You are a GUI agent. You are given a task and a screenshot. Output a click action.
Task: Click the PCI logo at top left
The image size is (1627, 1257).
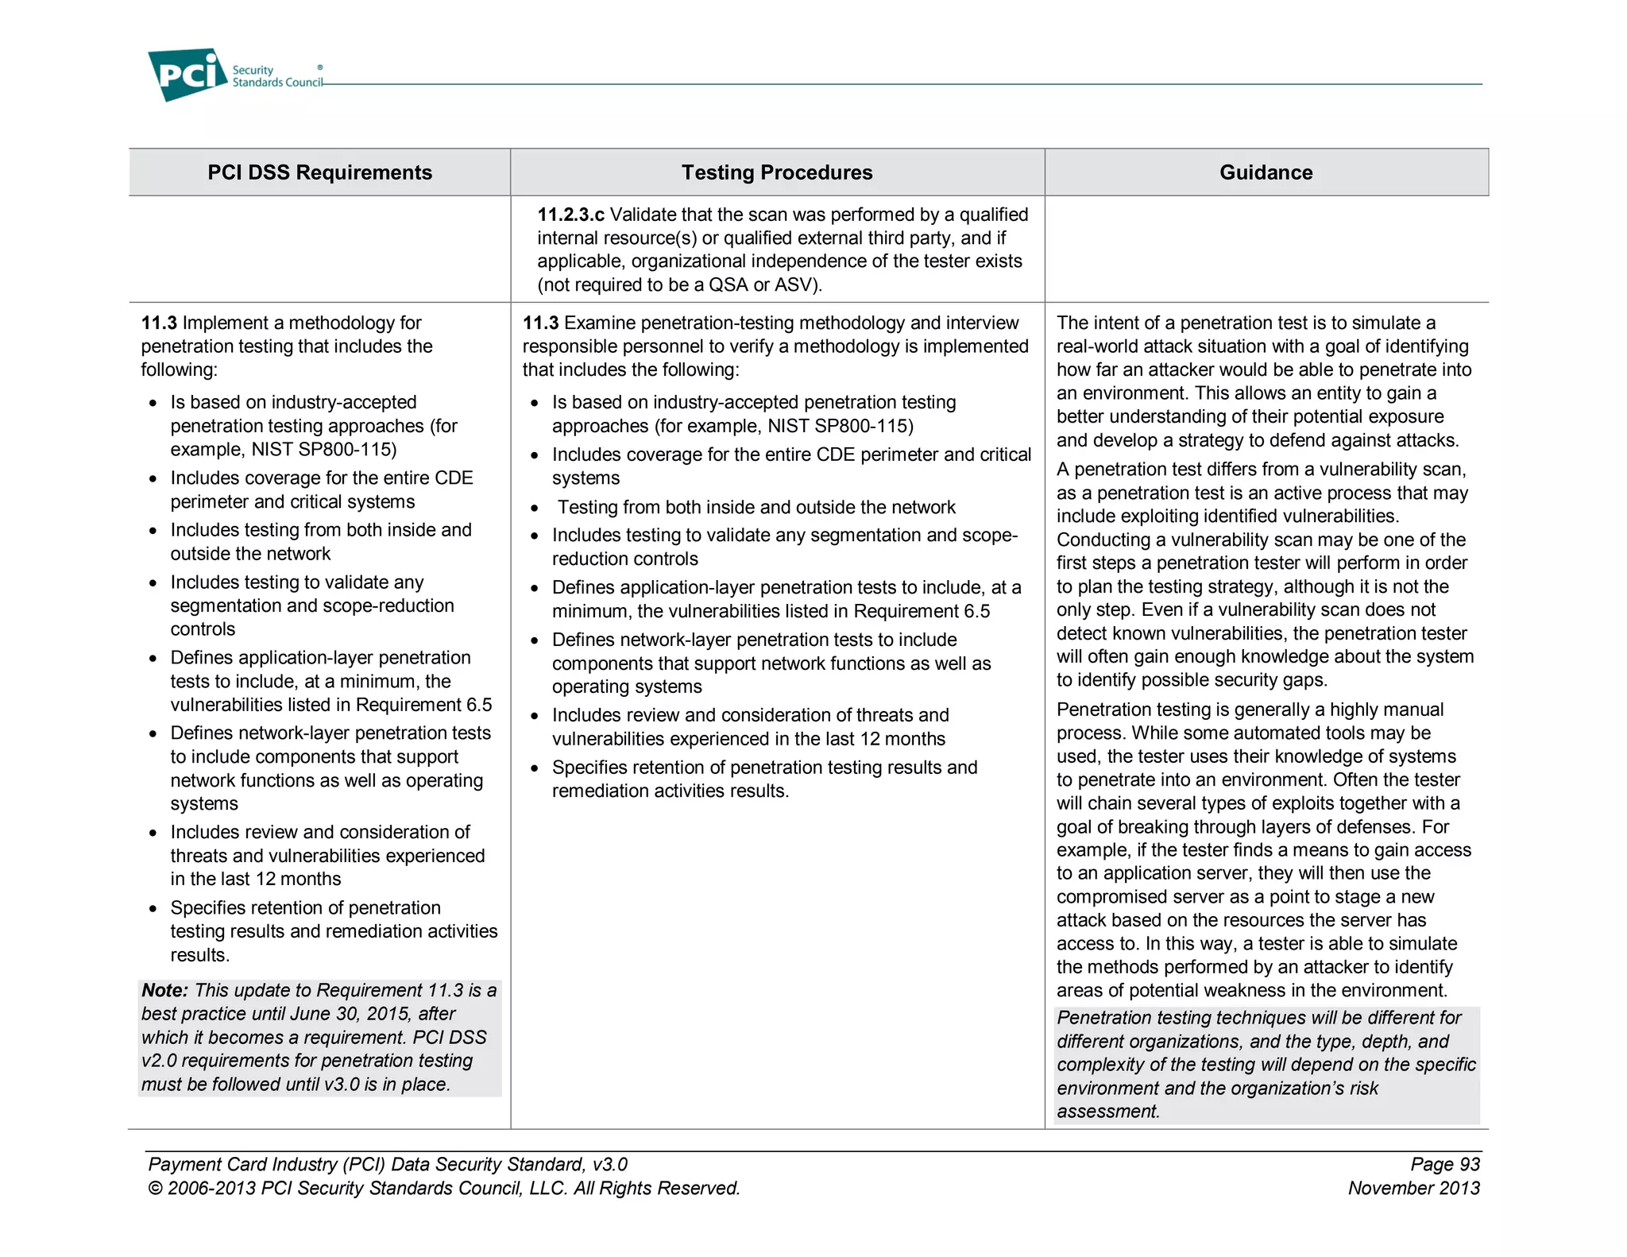[187, 75]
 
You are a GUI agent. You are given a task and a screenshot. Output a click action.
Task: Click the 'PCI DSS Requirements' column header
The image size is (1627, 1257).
[319, 172]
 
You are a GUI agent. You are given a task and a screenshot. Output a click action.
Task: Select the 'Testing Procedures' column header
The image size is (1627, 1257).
[776, 172]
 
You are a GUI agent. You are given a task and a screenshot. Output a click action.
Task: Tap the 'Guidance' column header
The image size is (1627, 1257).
[1266, 172]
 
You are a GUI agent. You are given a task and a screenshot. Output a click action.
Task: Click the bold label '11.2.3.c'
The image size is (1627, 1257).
[570, 215]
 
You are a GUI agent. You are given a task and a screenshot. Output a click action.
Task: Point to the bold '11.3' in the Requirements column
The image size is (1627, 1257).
[158, 323]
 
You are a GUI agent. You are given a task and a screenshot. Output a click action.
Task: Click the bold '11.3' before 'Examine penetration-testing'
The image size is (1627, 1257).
[540, 323]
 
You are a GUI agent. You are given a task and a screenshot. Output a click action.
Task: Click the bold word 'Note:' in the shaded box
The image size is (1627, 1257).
[164, 990]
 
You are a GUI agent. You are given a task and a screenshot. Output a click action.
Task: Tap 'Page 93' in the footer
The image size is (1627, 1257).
[1444, 1164]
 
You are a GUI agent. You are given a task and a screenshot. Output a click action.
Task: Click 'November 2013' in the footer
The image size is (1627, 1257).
[1413, 1188]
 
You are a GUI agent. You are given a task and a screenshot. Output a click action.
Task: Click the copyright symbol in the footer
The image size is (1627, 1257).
[155, 1189]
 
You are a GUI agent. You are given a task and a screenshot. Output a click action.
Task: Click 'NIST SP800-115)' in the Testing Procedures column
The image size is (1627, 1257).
[840, 426]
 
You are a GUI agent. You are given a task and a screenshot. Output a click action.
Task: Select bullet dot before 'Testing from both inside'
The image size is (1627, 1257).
[535, 509]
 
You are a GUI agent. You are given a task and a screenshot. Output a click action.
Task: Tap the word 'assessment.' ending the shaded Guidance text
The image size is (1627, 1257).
[1108, 1112]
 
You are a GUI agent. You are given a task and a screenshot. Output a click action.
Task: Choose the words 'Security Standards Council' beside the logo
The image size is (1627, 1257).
[276, 76]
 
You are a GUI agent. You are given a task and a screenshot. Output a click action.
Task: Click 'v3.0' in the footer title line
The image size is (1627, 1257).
[609, 1164]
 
